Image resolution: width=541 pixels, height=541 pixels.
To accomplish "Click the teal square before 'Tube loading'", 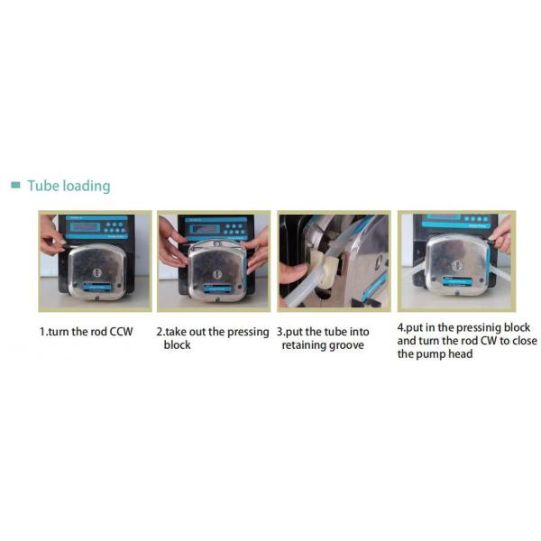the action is coord(15,185).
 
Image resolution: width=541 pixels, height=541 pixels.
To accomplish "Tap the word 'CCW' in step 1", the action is coord(121,332).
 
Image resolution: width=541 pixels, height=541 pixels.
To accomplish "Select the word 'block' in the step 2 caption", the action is coord(177,344).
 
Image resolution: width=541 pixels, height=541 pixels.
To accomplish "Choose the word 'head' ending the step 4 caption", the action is coord(460,354).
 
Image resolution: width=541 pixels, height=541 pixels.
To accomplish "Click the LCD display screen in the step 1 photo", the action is coord(85,227).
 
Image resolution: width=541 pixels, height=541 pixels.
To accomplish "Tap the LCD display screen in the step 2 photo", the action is coord(206,229).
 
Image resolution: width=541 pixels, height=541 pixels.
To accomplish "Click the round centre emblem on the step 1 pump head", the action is coord(97,272).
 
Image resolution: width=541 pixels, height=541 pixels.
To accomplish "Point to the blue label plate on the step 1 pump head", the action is coord(97,287).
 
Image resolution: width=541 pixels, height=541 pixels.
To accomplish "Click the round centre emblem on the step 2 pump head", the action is coord(217,274).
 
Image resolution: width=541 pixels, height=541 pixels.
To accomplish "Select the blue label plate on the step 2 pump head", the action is coord(216,289).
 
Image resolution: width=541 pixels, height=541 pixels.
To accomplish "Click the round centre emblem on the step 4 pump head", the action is coord(459,265).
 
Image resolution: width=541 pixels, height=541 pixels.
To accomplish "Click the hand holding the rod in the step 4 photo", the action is coord(501,234).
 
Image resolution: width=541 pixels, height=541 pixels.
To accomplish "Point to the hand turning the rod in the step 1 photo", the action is coord(52,236).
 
